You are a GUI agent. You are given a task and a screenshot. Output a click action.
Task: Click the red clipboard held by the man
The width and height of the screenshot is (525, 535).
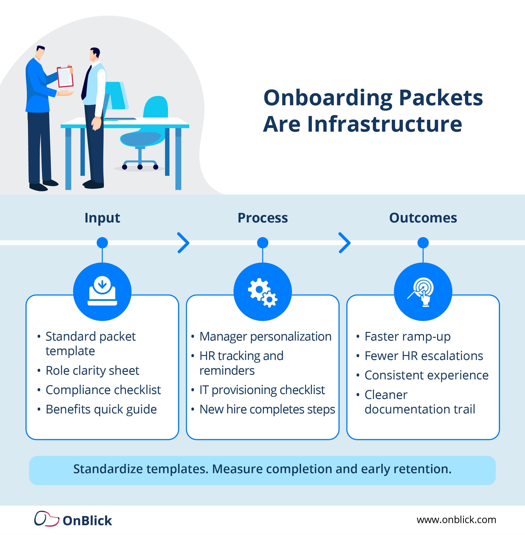[65, 77]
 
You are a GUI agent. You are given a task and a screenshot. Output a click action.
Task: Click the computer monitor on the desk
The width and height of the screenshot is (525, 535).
[116, 95]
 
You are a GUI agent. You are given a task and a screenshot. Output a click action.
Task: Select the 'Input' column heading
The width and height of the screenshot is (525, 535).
[102, 218]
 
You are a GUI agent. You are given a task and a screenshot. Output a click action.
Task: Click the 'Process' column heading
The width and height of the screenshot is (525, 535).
[262, 218]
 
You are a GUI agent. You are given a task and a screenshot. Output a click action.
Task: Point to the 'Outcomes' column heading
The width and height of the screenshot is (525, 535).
[423, 218]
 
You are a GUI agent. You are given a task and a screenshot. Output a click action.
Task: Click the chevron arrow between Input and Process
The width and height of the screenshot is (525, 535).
[183, 243]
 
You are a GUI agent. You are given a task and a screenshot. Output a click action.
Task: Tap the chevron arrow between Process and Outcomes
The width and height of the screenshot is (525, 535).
[344, 243]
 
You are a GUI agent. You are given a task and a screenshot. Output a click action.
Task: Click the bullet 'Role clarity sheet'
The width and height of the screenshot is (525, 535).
[92, 370]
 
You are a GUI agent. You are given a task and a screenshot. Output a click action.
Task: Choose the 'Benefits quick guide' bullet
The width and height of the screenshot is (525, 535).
[101, 409]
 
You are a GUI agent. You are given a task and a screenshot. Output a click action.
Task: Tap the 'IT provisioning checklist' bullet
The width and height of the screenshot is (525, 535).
[262, 390]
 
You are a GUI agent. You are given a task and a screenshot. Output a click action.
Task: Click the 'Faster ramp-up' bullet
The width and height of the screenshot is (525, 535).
[408, 336]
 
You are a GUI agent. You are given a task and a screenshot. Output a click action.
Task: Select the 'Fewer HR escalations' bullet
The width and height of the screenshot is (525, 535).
[423, 356]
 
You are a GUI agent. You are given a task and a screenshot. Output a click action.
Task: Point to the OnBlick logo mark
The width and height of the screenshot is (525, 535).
[46, 519]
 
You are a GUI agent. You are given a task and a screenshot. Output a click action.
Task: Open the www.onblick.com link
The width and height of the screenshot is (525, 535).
[456, 520]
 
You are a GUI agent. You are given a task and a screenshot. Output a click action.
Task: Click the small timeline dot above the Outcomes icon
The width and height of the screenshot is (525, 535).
[423, 243]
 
